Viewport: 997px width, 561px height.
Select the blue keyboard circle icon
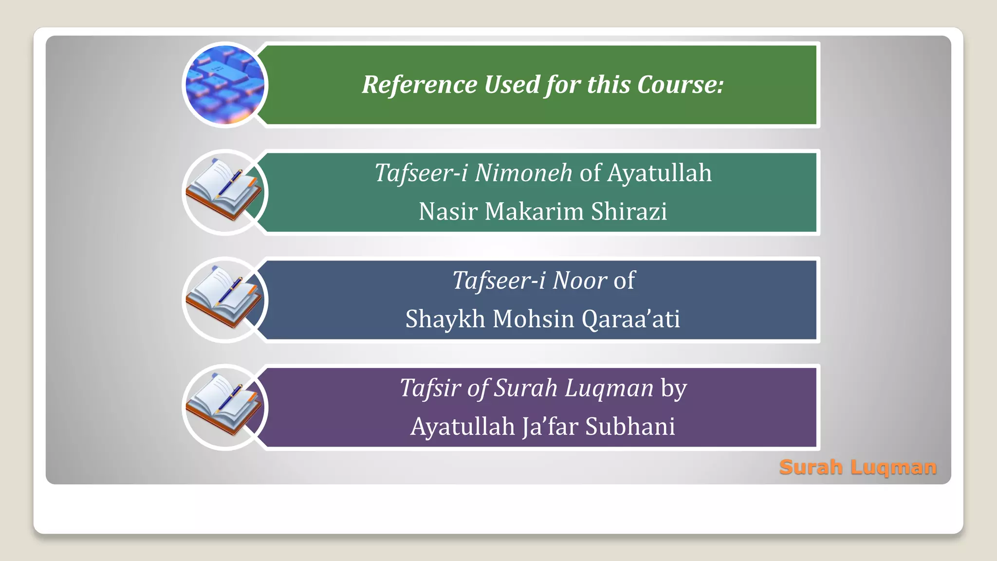225,85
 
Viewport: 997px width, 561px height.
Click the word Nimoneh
523,173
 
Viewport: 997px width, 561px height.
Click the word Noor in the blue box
579,280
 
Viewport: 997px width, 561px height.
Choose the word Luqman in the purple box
609,388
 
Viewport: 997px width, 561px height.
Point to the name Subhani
630,427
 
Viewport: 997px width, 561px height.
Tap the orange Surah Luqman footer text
858,467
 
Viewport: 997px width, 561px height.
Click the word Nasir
447,211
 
